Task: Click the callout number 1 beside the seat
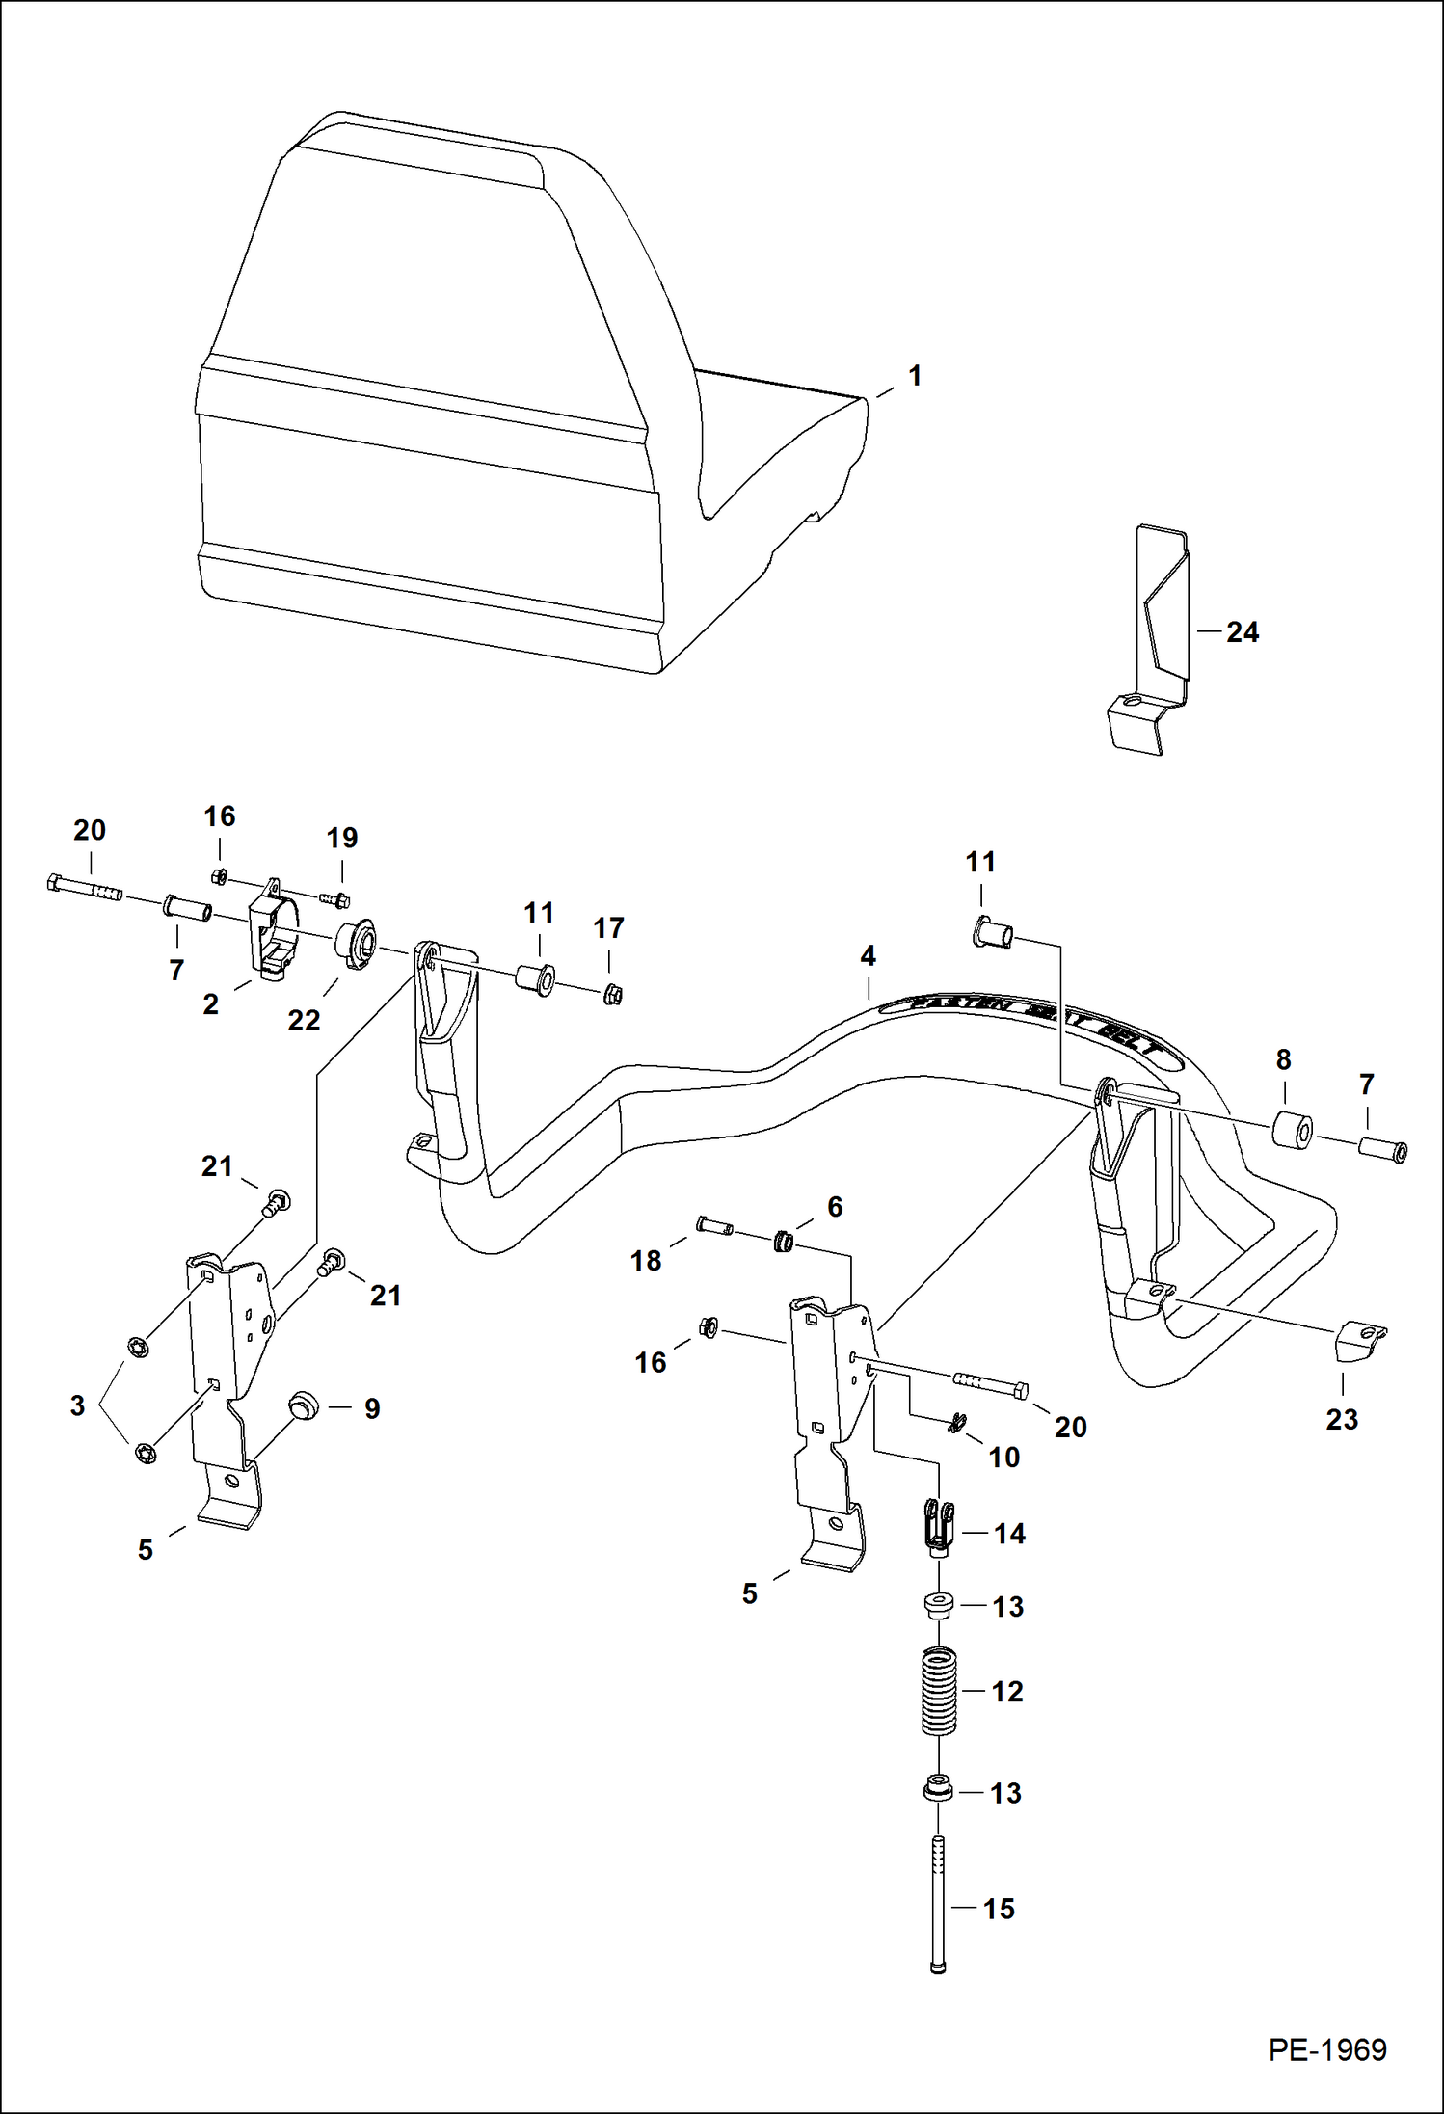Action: [915, 376]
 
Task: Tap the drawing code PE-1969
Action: [1326, 2049]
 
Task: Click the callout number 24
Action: [1242, 632]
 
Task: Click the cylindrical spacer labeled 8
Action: [1293, 1131]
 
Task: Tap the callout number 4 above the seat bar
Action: [868, 956]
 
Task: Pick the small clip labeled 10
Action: [956, 1421]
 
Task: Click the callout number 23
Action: [1341, 1419]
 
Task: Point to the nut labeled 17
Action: [611, 993]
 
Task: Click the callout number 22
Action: [304, 1020]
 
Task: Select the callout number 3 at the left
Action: [78, 1405]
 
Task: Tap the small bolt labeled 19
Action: [334, 900]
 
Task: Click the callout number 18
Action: [645, 1260]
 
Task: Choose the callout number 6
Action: [835, 1206]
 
